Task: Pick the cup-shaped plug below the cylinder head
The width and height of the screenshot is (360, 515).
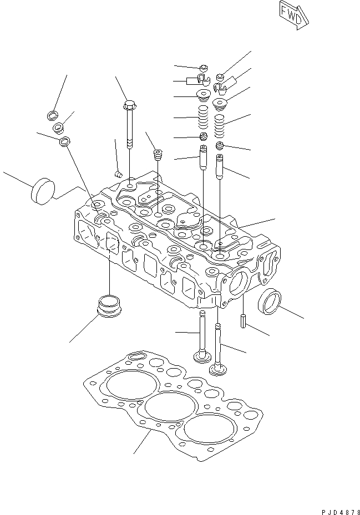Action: coord(109,307)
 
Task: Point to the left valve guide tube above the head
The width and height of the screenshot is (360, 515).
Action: coord(203,157)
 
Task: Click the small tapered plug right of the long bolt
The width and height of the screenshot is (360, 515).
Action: coord(158,153)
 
